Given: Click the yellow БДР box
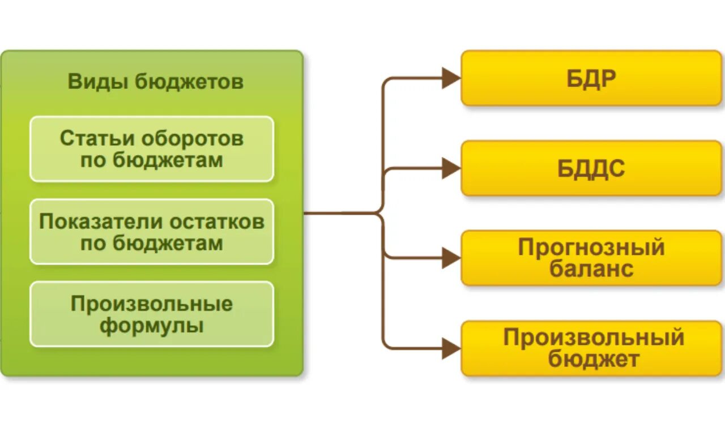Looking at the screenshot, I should tap(591, 78).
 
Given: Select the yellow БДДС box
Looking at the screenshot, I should tap(591, 168).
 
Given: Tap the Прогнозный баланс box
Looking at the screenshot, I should tap(591, 258).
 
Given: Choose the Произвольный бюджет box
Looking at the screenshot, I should tap(591, 348).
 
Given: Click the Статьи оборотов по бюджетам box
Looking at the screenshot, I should tap(151, 149).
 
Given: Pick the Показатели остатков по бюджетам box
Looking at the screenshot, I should tap(151, 232).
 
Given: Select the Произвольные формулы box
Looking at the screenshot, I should tap(151, 314).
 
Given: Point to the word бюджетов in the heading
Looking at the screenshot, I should tap(190, 82).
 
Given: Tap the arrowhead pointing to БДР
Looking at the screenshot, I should tap(451, 78).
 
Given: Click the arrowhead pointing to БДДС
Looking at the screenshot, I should tap(451, 168).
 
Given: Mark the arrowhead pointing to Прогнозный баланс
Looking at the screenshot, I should tap(451, 258).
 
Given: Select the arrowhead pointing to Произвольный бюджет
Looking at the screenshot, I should tap(451, 348).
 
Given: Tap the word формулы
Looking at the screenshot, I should tap(151, 326).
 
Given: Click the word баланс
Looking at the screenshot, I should tap(591, 268).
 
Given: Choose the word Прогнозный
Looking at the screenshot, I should tap(591, 248).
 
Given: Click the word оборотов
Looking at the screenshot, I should tap(193, 138).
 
